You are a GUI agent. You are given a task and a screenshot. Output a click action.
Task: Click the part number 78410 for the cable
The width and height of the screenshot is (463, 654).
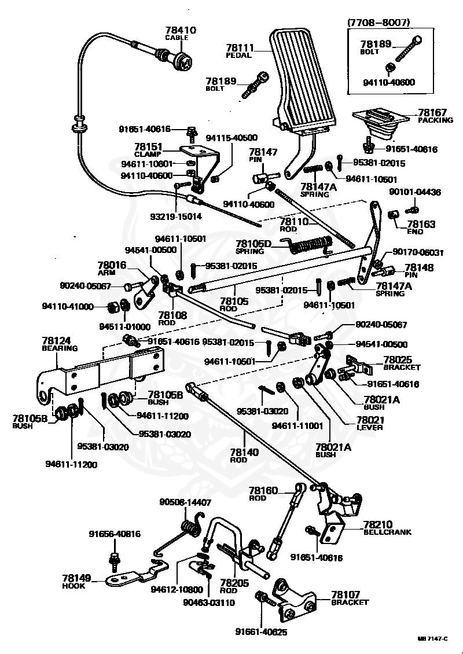point(181,30)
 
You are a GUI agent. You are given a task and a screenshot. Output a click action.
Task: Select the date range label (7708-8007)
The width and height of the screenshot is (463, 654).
point(379,21)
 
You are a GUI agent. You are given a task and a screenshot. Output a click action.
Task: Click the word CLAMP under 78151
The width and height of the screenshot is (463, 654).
point(148,155)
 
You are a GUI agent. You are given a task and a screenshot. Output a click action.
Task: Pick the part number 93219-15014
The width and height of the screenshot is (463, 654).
point(176,216)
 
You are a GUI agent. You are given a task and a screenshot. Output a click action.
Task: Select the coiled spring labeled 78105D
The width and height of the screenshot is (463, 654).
point(311,245)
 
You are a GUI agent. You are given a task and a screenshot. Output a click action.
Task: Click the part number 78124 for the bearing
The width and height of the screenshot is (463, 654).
point(56,341)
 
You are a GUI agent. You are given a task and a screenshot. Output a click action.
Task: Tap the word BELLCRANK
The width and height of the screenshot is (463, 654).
point(388,532)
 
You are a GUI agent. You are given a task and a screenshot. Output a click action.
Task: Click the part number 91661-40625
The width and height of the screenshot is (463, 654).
point(261,632)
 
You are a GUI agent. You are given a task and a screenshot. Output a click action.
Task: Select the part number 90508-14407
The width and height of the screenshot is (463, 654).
point(185,502)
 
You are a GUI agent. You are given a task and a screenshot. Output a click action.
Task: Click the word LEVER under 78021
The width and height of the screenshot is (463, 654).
point(370,427)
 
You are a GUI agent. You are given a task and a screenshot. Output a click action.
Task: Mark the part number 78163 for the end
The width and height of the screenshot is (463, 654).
point(421,225)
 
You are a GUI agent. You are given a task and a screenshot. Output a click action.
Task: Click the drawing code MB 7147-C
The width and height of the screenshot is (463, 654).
point(432,638)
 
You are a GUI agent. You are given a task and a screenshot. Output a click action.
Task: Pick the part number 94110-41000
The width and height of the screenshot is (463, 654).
point(68,306)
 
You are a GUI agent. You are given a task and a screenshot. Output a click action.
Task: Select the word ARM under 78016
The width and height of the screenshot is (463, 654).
point(106,273)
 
